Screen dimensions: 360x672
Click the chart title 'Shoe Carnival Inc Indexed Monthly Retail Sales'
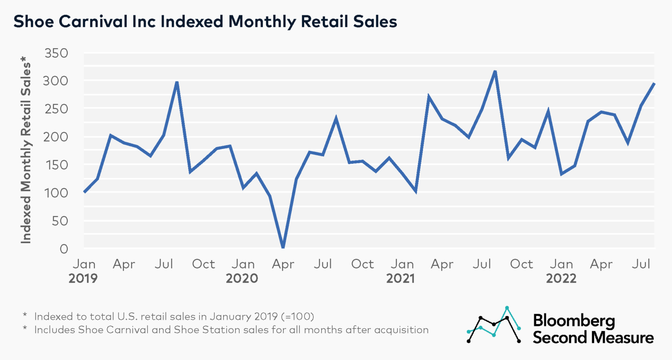pyautogui.click(x=205, y=21)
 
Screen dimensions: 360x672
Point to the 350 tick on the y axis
pyautogui.click(x=56, y=53)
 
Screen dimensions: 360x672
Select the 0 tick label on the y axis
pyautogui.click(x=64, y=248)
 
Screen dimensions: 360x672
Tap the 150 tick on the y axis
pyautogui.click(x=56, y=165)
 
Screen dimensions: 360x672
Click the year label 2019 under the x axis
pyautogui.click(x=83, y=278)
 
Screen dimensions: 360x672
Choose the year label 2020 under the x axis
pyautogui.click(x=242, y=278)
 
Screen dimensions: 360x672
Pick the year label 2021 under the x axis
pyautogui.click(x=400, y=278)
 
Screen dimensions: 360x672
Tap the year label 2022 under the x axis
pyautogui.click(x=561, y=278)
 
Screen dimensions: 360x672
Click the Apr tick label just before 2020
pyautogui.click(x=124, y=264)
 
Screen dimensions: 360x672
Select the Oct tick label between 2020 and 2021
pyautogui.click(x=362, y=264)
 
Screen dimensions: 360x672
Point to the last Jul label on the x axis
pyautogui.click(x=641, y=264)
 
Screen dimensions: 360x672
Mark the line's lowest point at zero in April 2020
pyautogui.click(x=283, y=247)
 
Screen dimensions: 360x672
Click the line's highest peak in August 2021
pyautogui.click(x=495, y=71)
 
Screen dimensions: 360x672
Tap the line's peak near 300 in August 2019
pyautogui.click(x=177, y=82)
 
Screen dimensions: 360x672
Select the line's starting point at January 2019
pyautogui.click(x=84, y=192)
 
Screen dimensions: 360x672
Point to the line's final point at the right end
pyautogui.click(x=654, y=83)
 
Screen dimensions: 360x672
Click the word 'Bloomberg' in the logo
pyautogui.click(x=574, y=321)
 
